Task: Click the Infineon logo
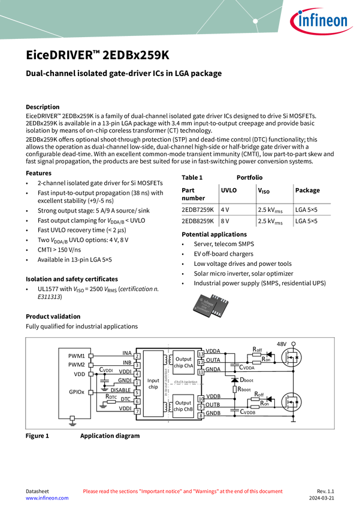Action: [321, 22]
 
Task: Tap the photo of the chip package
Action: [211, 305]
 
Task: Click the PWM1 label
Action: [76, 355]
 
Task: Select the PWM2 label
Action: [76, 365]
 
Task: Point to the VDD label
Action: [79, 374]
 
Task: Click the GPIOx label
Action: [76, 392]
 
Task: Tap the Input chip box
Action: [153, 383]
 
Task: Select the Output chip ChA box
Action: [184, 362]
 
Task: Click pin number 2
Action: [137, 356]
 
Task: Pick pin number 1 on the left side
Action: [137, 383]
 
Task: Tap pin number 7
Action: [137, 411]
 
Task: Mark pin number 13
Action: [201, 355]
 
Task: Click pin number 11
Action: [201, 372]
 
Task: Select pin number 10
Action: [201, 398]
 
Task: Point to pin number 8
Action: [201, 415]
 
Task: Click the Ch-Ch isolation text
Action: [186, 381]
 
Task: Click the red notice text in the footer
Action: [182, 492]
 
